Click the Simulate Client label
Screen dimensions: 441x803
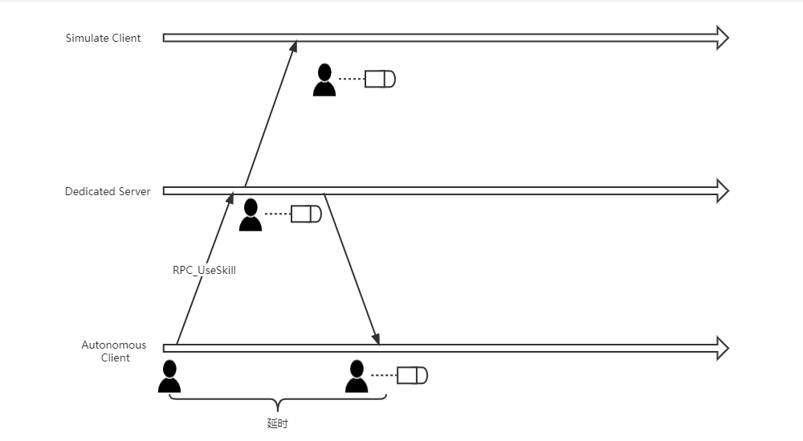click(x=103, y=38)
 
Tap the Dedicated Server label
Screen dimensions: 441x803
click(x=108, y=191)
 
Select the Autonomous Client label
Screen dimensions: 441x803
click(x=114, y=351)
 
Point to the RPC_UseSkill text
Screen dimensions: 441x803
click(x=204, y=271)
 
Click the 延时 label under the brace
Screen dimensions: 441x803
click(x=277, y=423)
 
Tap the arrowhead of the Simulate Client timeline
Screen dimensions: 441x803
click(x=722, y=38)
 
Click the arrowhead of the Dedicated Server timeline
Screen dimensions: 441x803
click(x=722, y=191)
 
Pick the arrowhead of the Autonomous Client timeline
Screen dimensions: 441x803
click(x=722, y=348)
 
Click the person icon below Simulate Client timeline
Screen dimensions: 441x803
click(x=324, y=80)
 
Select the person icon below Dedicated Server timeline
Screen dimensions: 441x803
click(x=251, y=215)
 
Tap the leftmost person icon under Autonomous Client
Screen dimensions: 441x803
click(x=169, y=376)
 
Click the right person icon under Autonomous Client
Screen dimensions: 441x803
click(x=357, y=376)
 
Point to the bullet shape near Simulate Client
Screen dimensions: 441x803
click(x=381, y=79)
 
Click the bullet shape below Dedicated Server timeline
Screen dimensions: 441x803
click(x=306, y=214)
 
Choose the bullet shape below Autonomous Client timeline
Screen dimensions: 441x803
click(x=412, y=375)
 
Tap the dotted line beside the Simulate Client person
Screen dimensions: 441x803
click(x=351, y=79)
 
